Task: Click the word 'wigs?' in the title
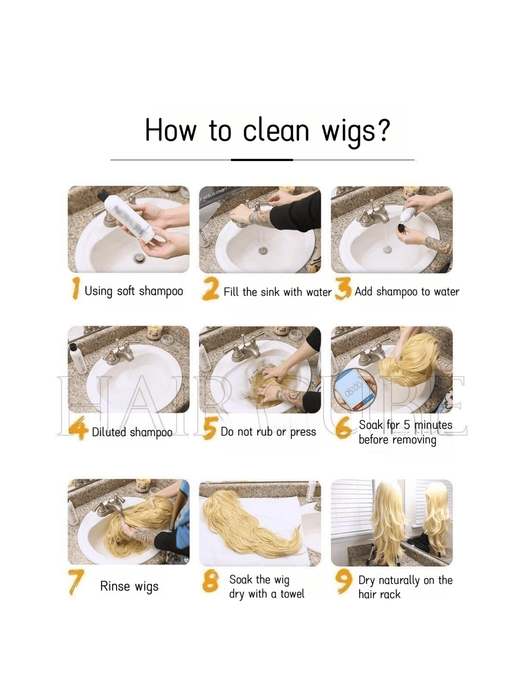tap(356, 131)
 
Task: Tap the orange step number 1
tap(76, 289)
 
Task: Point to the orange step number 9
tap(343, 581)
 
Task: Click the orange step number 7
tap(76, 582)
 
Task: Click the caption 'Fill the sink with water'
tap(277, 292)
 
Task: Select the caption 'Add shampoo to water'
tap(407, 292)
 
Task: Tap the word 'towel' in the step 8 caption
tap(292, 594)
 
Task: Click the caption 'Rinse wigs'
tap(129, 586)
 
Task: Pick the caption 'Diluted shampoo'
tap(132, 432)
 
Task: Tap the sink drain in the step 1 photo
tap(139, 258)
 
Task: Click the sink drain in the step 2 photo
tap(263, 250)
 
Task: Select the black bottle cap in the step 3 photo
tap(401, 228)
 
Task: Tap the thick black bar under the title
tap(262, 160)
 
